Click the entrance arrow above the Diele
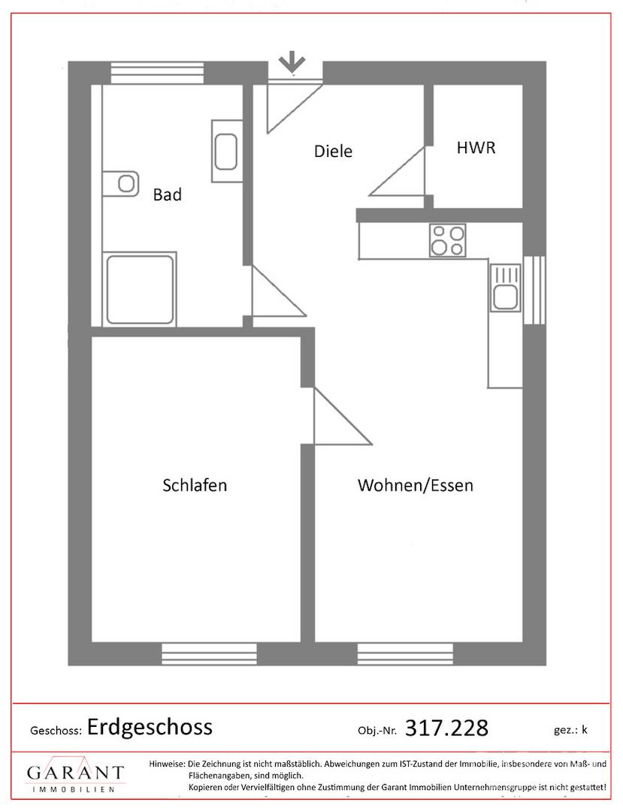(x=292, y=62)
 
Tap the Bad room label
(x=167, y=195)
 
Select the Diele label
(x=333, y=151)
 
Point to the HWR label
(x=476, y=148)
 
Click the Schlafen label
(x=195, y=485)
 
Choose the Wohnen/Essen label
(x=416, y=485)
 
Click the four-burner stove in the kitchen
(x=448, y=240)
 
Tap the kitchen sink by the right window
(x=505, y=288)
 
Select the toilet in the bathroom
(x=121, y=184)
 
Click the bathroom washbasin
(x=227, y=151)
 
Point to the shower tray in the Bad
(x=140, y=290)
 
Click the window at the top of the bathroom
(x=158, y=73)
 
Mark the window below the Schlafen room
(x=209, y=654)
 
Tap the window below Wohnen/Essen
(x=405, y=654)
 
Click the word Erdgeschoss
(x=150, y=727)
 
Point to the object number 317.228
(x=446, y=728)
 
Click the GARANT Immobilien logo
(x=75, y=777)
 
